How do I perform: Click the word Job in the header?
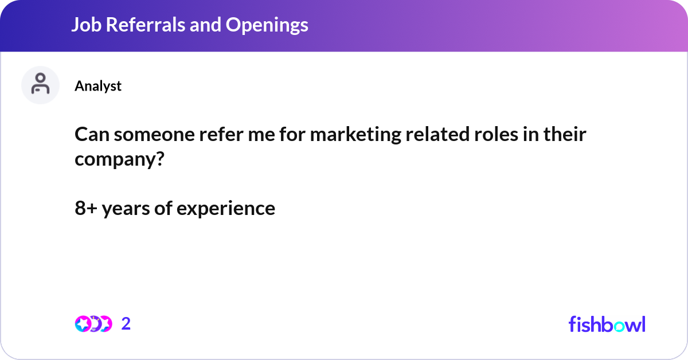(x=83, y=25)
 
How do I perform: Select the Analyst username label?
(x=98, y=86)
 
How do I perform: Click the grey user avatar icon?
(x=40, y=85)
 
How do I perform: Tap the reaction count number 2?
(x=126, y=324)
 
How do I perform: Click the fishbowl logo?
(x=607, y=324)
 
